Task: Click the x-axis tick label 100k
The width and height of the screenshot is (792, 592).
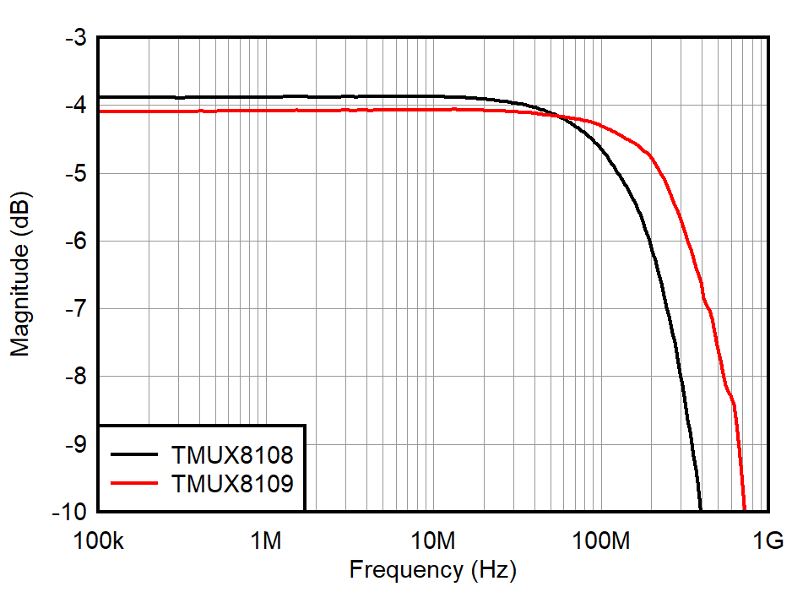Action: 98,540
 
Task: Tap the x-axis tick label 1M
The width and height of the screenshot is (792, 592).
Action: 266,540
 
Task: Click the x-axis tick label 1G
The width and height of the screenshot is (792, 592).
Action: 769,540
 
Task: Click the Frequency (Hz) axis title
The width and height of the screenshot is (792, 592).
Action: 432,570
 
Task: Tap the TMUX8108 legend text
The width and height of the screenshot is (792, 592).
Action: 232,455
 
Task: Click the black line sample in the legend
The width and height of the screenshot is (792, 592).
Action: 134,455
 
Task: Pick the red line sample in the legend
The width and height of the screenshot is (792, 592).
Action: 134,483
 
